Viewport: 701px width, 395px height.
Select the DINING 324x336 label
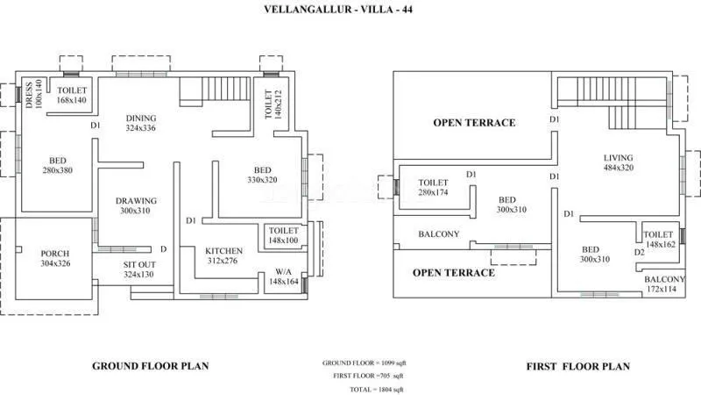click(x=140, y=123)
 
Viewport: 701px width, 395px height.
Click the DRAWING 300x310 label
click(x=136, y=205)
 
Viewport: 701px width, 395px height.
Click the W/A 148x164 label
click(x=281, y=276)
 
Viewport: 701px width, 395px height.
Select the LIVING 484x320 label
click(x=618, y=162)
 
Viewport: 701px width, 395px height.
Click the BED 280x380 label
click(x=57, y=165)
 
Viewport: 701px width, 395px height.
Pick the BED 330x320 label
click(x=262, y=174)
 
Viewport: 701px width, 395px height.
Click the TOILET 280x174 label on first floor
click(x=434, y=186)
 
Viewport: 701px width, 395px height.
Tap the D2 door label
click(x=639, y=252)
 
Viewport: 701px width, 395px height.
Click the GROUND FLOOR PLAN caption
click(x=150, y=366)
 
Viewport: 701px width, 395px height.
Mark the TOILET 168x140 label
click(x=73, y=95)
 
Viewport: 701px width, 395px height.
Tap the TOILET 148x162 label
click(x=658, y=240)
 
